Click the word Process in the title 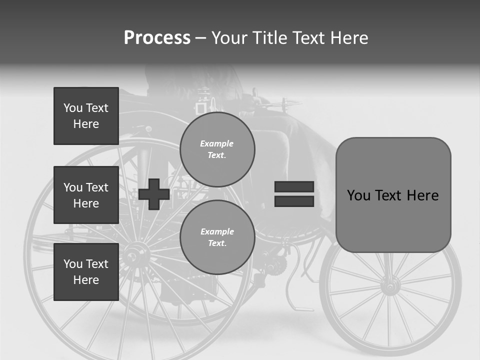click(x=157, y=38)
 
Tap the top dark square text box click(x=86, y=116)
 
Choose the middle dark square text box click(x=86, y=195)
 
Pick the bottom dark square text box click(x=86, y=271)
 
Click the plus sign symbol click(x=154, y=194)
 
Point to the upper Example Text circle click(x=217, y=149)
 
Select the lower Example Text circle click(x=217, y=237)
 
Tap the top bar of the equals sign click(x=294, y=186)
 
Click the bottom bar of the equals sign click(x=294, y=201)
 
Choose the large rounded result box click(x=393, y=195)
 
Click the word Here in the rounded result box click(x=422, y=195)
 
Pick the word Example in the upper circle click(x=217, y=143)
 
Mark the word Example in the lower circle click(x=217, y=231)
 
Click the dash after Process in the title click(x=201, y=38)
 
